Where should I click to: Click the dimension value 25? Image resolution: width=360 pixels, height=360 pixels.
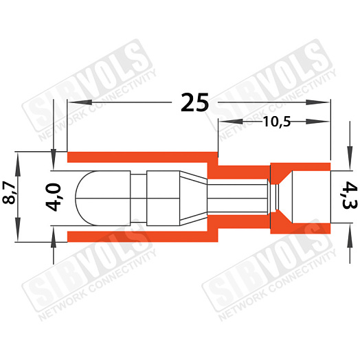point(194,102)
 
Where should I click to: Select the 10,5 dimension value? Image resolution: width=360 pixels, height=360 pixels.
point(277,122)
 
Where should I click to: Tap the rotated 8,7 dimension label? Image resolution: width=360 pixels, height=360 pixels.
point(10,192)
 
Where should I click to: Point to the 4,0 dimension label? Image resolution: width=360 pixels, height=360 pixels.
point(54,197)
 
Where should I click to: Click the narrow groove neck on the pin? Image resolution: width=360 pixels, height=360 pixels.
point(139,198)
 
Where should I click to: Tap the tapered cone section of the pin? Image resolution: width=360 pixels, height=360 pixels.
point(193,198)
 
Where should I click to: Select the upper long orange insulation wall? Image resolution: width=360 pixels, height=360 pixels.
point(142,157)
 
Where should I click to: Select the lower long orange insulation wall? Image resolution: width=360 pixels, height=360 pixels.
point(142,236)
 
